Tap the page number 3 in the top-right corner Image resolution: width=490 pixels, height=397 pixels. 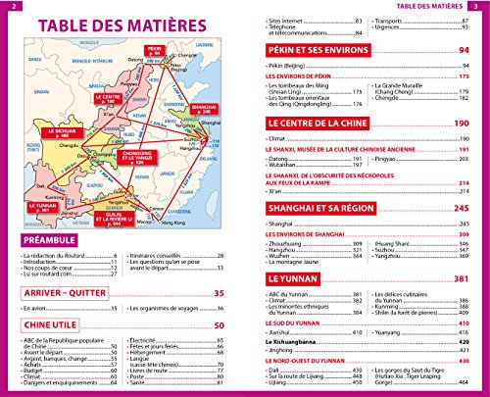click(481, 6)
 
